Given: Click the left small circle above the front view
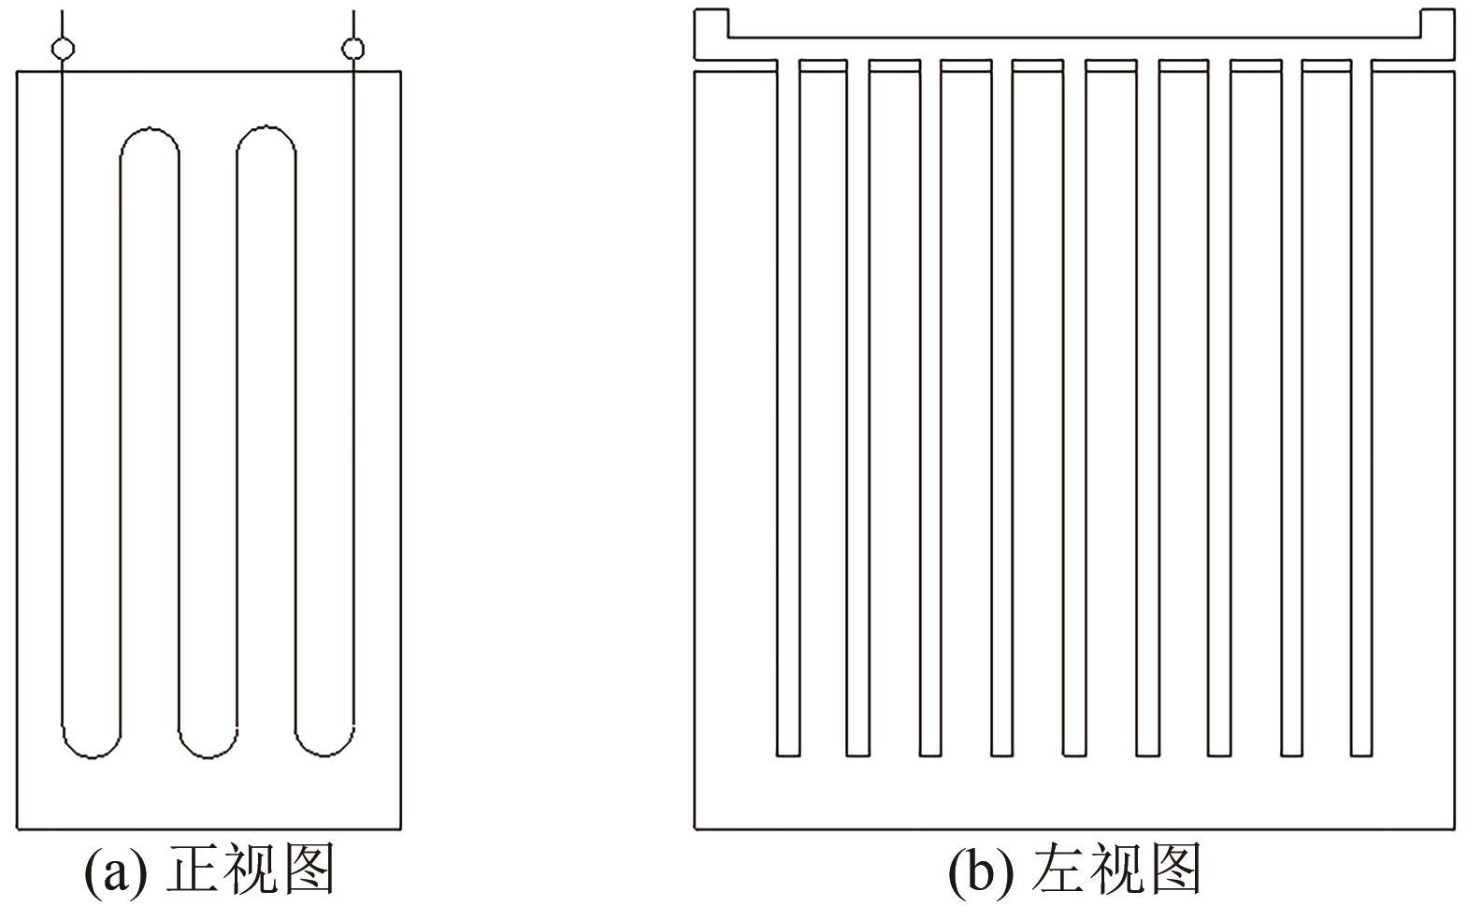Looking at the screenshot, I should [x=63, y=48].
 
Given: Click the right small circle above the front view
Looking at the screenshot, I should [x=353, y=48].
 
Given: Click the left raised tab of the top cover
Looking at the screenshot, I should [x=712, y=23].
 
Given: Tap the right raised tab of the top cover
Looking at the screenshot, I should [x=1437, y=23].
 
